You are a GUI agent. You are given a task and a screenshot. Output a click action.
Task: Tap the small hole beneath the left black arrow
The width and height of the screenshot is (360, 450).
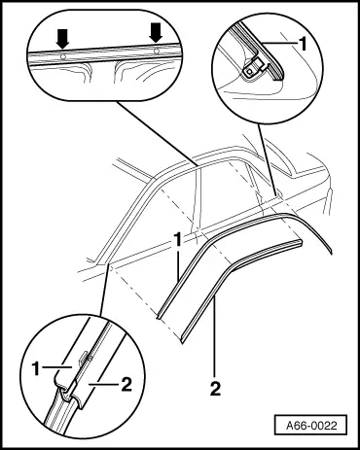tap(63, 57)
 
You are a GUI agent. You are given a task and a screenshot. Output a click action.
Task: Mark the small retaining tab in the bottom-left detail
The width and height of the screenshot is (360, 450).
tap(83, 358)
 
